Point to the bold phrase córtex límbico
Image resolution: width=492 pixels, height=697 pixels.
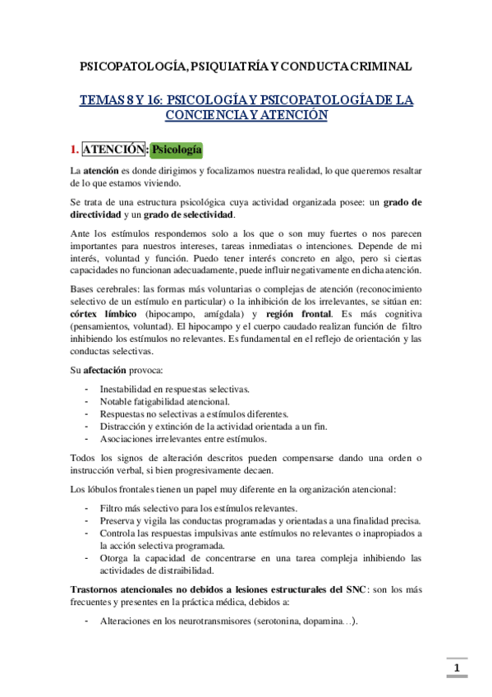[105, 314]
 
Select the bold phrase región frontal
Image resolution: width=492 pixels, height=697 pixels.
[297, 314]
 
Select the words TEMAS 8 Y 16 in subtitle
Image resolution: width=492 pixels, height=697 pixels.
[121, 99]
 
